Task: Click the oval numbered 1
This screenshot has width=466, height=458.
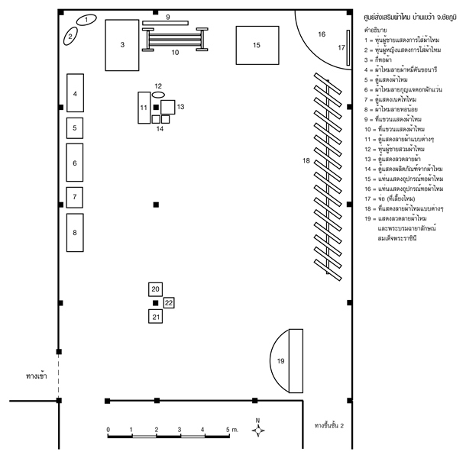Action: point(89,20)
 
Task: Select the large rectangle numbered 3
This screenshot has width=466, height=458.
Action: point(121,45)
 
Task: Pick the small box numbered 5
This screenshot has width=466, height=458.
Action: point(75,127)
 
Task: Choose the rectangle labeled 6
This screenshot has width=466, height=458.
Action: point(75,163)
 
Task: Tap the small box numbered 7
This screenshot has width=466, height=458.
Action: point(75,197)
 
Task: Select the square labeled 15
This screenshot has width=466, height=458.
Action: point(257,46)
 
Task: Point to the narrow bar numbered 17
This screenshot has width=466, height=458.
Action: point(348,47)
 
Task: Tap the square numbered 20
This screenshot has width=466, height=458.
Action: point(156,289)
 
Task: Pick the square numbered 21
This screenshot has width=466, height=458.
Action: point(156,315)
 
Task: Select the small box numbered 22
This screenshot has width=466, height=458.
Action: point(169,303)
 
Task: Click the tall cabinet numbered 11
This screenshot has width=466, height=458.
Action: point(144,108)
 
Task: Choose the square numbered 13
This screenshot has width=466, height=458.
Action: point(168,108)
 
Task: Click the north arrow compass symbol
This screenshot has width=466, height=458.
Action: point(258,430)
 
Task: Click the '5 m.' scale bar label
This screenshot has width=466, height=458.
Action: point(231,431)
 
